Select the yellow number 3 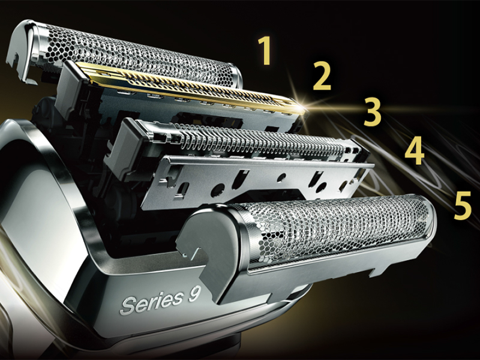[x=373, y=112]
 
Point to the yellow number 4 [x=415, y=151]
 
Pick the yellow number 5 [x=463, y=205]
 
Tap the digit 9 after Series [x=194, y=294]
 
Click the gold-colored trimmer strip [x=190, y=87]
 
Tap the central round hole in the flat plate [x=281, y=177]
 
